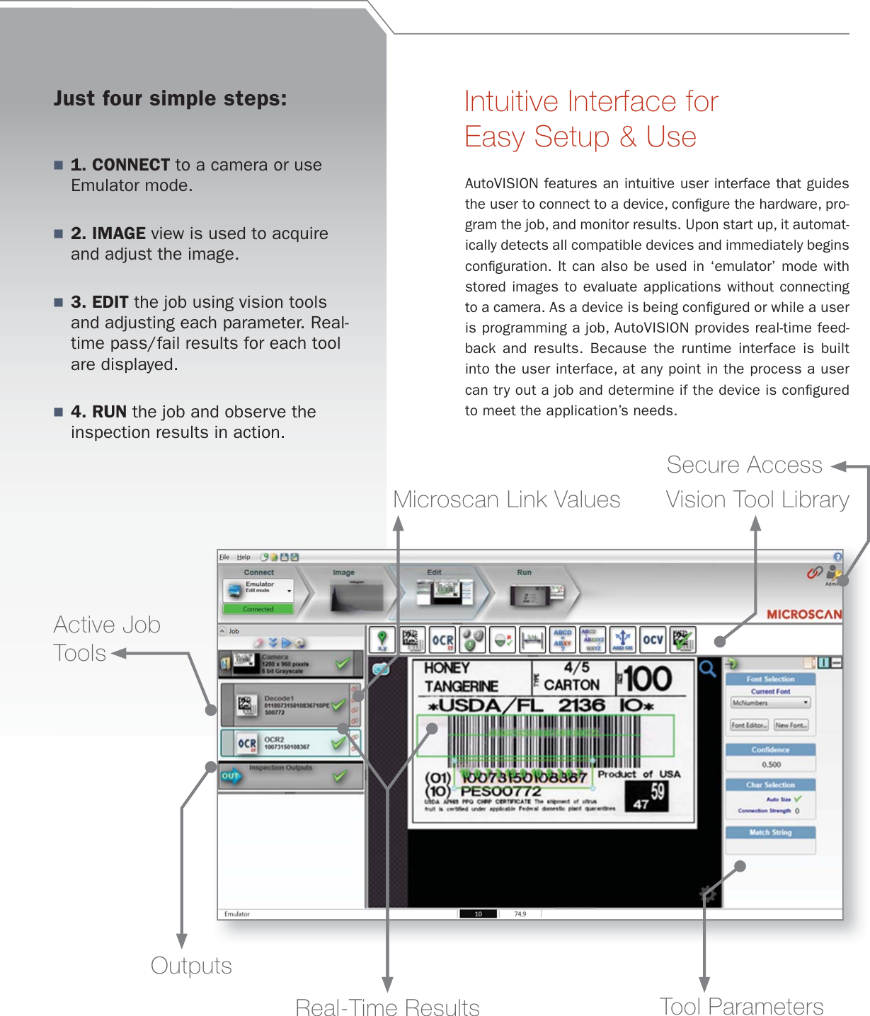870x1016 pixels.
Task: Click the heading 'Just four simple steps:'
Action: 170,98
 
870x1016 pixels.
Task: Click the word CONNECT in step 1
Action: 130,165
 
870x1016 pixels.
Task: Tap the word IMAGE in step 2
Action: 118,233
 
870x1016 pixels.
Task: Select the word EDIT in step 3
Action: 110,302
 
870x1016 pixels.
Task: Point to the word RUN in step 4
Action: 109,412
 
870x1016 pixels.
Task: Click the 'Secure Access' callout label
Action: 744,465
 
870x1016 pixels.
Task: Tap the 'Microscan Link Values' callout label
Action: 506,500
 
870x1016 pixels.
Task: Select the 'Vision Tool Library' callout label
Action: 757,500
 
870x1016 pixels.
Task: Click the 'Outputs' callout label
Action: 191,966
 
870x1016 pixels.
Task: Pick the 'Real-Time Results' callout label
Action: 387,1007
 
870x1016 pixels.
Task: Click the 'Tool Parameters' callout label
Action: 741,1006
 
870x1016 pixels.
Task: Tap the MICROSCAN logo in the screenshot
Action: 804,614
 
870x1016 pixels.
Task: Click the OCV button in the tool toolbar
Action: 653,640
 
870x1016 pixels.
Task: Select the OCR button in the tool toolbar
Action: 442,640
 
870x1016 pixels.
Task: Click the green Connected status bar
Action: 258,608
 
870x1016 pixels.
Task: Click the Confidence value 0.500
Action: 771,765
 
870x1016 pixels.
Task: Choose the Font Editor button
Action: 749,725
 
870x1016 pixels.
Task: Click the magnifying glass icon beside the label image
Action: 707,668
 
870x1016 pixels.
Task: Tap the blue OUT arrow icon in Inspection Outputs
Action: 231,776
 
